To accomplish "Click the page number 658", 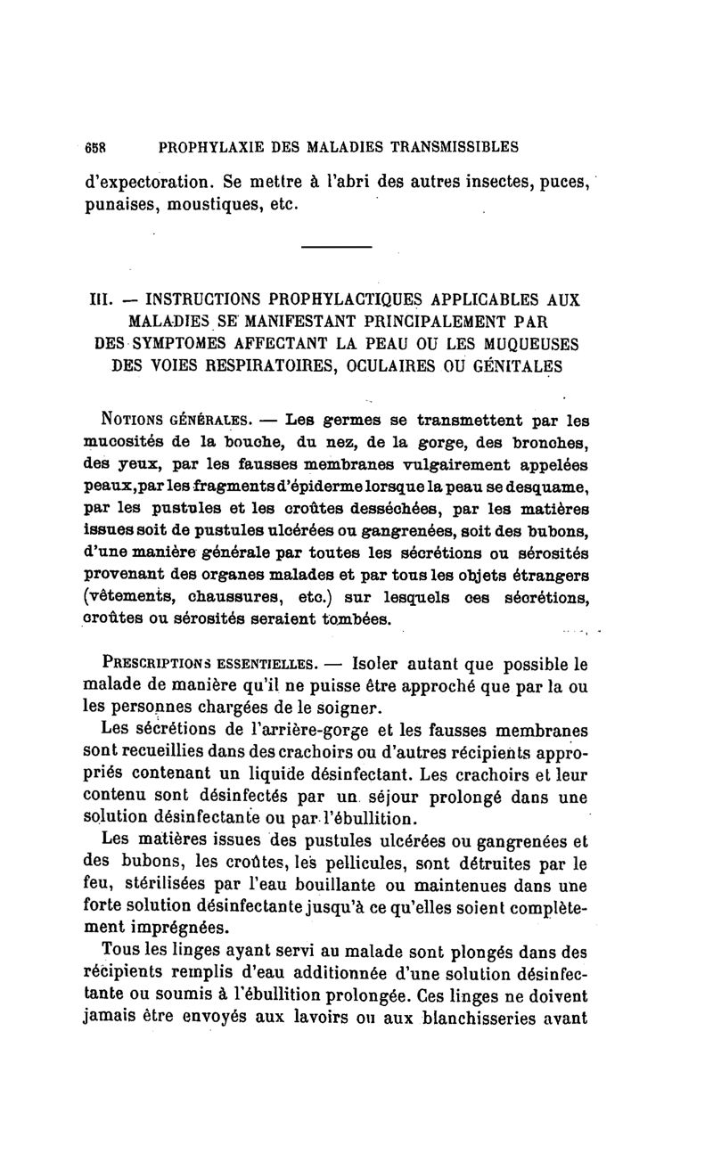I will point(94,146).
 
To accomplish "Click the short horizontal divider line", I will point(336,247).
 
